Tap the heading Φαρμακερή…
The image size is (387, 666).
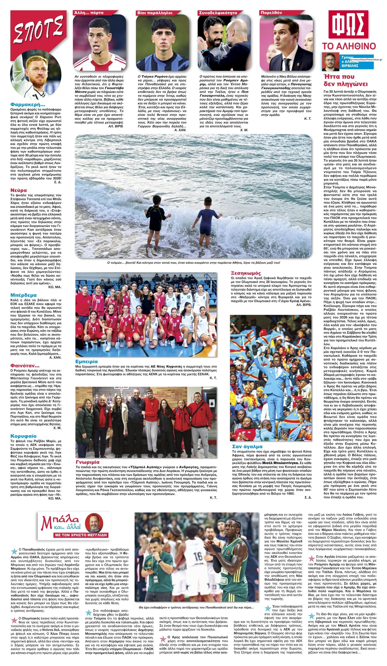(x=28, y=104)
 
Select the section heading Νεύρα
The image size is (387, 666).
(x=19, y=190)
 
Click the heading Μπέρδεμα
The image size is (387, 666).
(x=23, y=295)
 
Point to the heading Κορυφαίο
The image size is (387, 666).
(x=23, y=436)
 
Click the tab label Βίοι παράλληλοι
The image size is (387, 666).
(x=155, y=12)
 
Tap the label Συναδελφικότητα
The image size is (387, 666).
(x=218, y=12)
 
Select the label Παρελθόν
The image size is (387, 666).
(x=271, y=12)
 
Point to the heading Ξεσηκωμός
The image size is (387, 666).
(x=246, y=273)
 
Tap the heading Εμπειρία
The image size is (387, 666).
(x=86, y=361)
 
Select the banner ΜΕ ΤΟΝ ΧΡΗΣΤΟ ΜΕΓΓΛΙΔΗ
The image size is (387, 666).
(x=74, y=535)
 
